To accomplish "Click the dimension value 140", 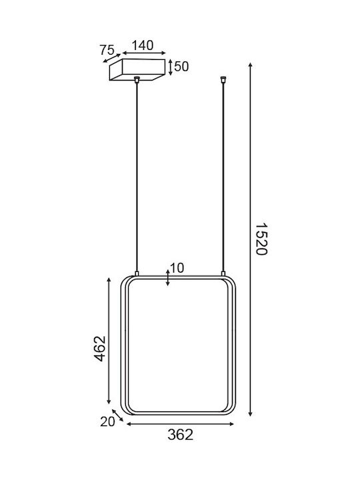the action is point(143,45).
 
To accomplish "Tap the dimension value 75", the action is point(107,50).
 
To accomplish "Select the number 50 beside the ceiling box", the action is point(181,67).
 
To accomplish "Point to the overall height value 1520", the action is point(261,239).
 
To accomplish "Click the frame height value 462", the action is point(99,349).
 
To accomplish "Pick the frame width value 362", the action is point(180,435).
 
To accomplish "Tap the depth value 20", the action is point(107,422).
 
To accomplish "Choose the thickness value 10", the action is point(177,268).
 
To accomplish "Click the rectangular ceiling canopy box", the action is point(137,70).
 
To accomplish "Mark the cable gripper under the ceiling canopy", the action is point(137,80).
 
